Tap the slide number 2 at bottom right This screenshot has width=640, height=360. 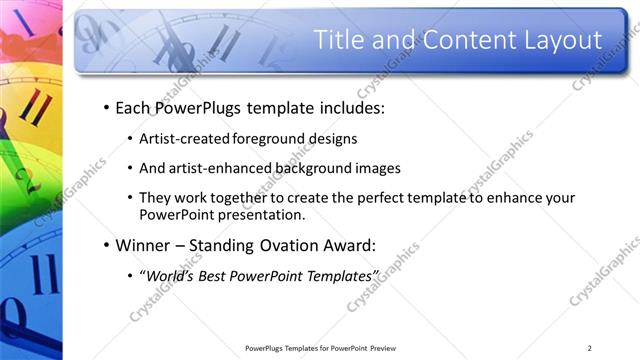coord(590,348)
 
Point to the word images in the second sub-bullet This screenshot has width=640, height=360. coord(376,168)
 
